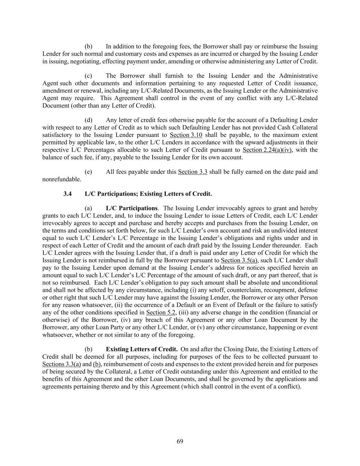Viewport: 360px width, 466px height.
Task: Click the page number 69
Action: click(180, 441)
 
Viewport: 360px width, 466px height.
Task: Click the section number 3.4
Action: click(68, 194)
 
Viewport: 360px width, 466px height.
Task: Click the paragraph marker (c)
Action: click(88, 76)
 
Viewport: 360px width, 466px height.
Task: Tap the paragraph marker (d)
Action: click(88, 120)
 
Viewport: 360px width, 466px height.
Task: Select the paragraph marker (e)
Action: click(88, 172)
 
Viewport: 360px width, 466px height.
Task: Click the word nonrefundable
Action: click(61, 179)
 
